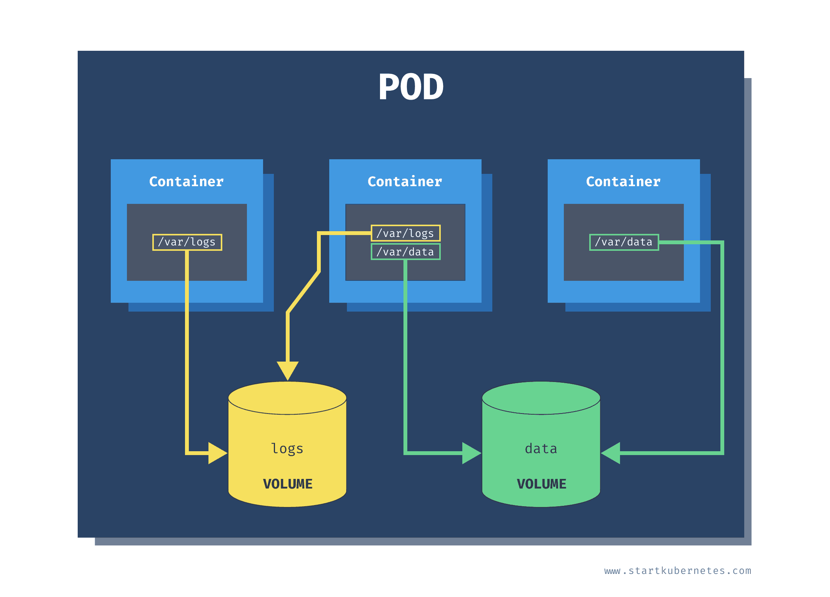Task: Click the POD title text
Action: pos(411,87)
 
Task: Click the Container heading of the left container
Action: pos(187,182)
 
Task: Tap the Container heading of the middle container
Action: pos(405,182)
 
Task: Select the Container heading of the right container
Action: pos(623,182)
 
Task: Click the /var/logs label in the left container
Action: pos(187,242)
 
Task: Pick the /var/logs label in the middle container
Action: pos(405,233)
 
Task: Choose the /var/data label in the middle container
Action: pos(405,252)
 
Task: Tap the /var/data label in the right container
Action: pos(624,242)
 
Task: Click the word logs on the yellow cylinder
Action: pos(287,449)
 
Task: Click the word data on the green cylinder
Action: pos(541,449)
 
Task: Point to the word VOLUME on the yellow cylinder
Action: pos(288,484)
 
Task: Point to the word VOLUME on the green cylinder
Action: pos(541,484)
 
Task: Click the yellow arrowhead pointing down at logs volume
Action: pos(287,370)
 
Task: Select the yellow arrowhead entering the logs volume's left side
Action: pos(217,453)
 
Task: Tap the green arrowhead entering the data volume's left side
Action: pos(471,453)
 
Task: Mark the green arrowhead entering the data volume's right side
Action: pos(612,453)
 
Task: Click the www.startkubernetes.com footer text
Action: pos(677,571)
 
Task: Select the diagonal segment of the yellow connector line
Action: pos(303,292)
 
